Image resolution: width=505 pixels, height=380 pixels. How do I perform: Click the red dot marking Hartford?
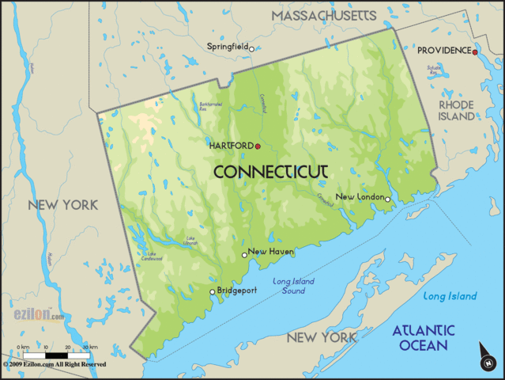pos(258,146)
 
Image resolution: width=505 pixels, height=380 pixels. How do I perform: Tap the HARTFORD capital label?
pos(231,146)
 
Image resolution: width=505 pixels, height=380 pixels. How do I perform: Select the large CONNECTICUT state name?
pos(271,171)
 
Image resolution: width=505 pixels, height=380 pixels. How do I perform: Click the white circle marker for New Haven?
pos(244,255)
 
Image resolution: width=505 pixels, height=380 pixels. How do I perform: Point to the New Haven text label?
pos(271,252)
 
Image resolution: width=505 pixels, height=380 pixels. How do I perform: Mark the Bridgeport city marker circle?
pos(211,292)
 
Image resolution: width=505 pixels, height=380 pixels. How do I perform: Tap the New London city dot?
pos(387,199)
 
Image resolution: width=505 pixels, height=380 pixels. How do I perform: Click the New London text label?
pos(360,196)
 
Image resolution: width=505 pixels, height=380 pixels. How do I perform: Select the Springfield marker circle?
pos(251,49)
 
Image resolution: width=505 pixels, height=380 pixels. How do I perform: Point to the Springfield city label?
pos(227,47)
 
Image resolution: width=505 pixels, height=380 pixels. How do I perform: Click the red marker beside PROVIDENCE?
pos(475,52)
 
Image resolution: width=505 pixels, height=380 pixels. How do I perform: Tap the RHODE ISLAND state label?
pos(457,110)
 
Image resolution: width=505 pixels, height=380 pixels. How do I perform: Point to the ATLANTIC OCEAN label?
pos(424,338)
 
